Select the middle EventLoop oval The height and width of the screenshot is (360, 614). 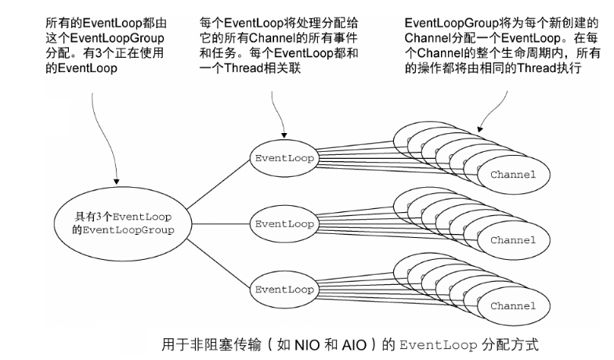click(x=284, y=223)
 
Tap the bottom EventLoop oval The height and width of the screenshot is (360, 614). click(x=284, y=288)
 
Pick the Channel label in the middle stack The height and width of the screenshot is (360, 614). click(x=513, y=239)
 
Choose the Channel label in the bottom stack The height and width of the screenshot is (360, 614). click(x=513, y=305)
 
